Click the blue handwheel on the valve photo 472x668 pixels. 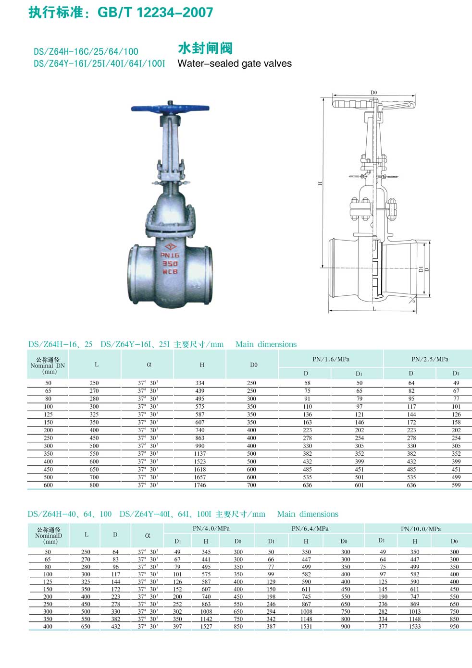pyautogui.click(x=170, y=108)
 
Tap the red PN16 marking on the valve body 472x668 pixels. pyautogui.click(x=170, y=255)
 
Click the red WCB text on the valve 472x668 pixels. pyautogui.click(x=170, y=272)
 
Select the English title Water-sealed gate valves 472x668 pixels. pyautogui.click(x=235, y=63)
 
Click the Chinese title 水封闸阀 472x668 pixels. pyautogui.click(x=205, y=49)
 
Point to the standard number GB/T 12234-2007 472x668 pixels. pyautogui.click(x=155, y=12)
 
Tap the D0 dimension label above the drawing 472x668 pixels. pyautogui.click(x=374, y=93)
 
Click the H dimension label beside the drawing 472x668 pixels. pyautogui.click(x=320, y=183)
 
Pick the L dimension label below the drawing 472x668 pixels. pyautogui.click(x=374, y=309)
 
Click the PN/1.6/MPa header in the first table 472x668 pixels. pyautogui.click(x=331, y=359)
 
